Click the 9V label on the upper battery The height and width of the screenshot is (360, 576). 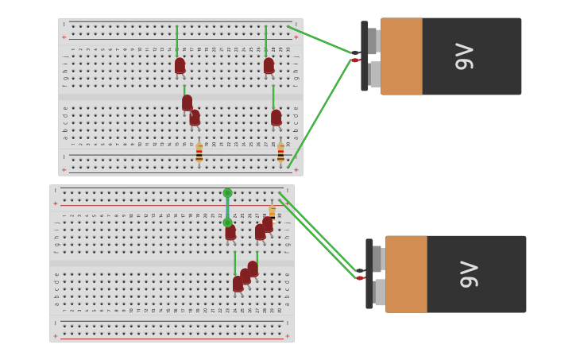pos(465,56)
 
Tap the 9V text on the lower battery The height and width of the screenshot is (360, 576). pos(470,274)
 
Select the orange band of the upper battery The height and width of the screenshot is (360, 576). pos(401,56)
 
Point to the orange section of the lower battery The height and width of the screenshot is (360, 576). pos(406,274)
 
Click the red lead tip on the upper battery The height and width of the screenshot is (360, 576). pos(355,60)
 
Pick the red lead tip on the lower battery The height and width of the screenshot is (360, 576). pos(360,278)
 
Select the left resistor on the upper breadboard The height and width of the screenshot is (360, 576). pos(199,152)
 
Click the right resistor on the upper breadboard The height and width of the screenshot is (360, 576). pos(280,152)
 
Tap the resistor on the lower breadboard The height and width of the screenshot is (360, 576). pos(272,211)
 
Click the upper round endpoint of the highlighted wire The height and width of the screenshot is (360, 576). pos(227,193)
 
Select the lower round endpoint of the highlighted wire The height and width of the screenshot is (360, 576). pos(227,223)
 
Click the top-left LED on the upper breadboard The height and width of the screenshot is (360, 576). pos(180,66)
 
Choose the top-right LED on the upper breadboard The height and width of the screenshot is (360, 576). pos(269,66)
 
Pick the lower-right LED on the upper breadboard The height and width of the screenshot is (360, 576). pos(276,118)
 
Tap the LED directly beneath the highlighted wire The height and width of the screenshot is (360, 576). pos(230,232)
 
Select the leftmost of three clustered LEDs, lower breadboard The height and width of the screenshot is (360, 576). pos(238,284)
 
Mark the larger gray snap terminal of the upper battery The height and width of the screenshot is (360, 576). pos(374,74)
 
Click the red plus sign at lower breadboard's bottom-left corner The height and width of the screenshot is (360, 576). pos(55,336)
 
